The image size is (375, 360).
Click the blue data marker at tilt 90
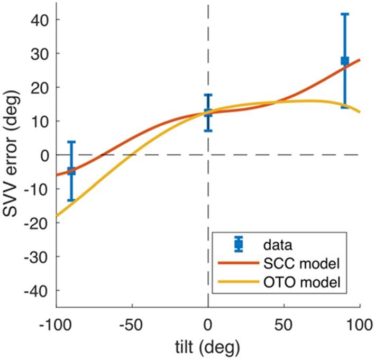coord(345,61)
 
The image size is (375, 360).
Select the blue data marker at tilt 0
coord(208,112)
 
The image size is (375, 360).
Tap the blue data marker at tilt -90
coord(71,171)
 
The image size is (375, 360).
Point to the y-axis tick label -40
coord(35,290)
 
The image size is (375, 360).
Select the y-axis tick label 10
coord(38,121)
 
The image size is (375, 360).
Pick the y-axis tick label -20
coord(35,223)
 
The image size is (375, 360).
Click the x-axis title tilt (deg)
coord(208,347)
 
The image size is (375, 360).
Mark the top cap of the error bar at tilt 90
coord(345,14)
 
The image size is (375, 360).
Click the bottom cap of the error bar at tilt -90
coord(71,200)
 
